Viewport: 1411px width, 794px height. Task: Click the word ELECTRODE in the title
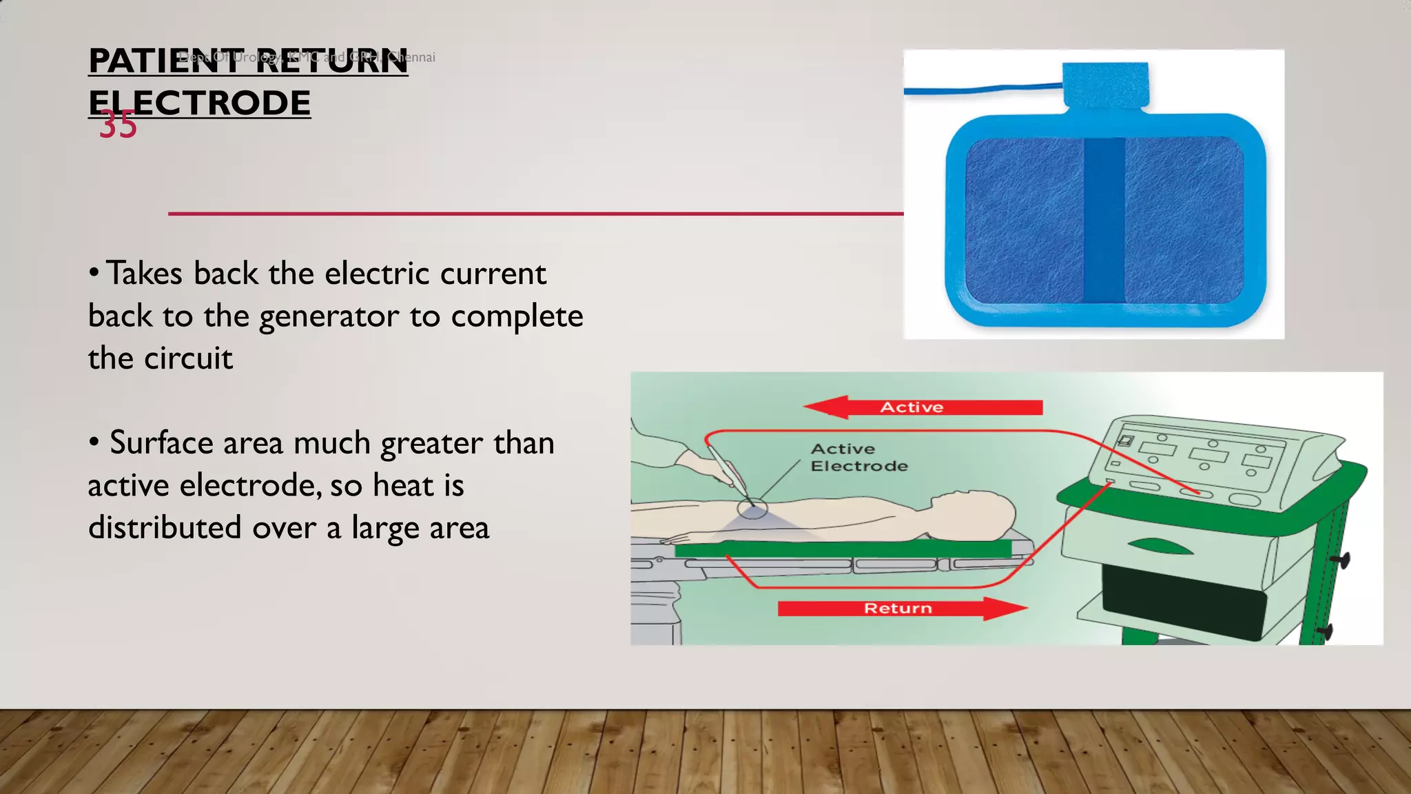point(200,103)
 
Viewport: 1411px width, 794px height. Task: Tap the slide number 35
point(118,125)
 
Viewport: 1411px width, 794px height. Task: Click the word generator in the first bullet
point(329,317)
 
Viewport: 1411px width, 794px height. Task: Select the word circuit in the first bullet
point(188,358)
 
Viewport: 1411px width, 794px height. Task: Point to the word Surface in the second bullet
point(161,442)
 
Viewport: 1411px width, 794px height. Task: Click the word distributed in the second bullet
point(165,527)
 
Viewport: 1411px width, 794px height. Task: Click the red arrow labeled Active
point(923,407)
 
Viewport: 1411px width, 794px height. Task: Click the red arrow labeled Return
point(903,609)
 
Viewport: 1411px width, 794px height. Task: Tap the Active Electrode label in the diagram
point(858,458)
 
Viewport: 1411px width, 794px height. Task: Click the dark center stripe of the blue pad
point(1104,221)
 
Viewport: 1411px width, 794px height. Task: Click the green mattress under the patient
point(841,549)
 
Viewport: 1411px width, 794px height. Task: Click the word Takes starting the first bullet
point(144,274)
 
